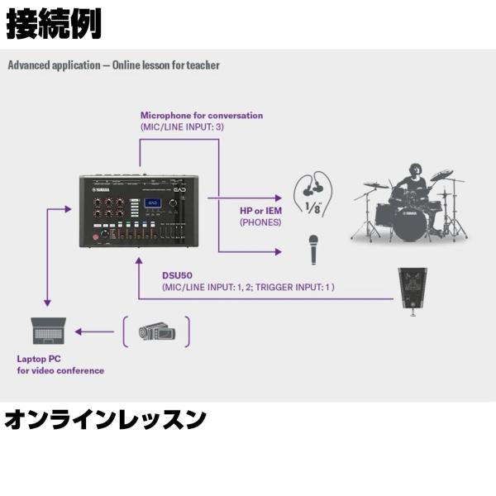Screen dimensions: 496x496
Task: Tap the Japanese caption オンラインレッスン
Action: click(105, 420)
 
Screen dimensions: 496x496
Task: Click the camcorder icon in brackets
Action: click(156, 331)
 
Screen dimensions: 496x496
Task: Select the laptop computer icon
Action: click(48, 331)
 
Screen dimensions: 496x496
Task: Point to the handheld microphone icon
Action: click(313, 249)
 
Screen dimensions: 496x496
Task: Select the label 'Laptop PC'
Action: click(39, 359)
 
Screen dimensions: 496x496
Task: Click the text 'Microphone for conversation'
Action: click(201, 116)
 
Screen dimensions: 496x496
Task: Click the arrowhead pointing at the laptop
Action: click(78, 331)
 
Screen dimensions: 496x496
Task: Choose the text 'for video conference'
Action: click(60, 370)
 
